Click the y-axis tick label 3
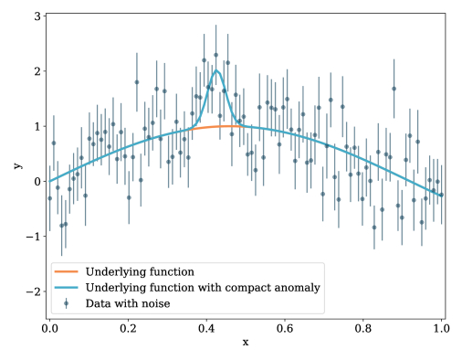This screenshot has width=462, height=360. [x=35, y=16]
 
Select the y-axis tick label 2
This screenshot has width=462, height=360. [x=35, y=71]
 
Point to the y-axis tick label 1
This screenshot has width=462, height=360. [x=35, y=126]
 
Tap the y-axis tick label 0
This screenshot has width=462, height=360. [x=35, y=181]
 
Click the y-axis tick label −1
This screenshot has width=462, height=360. [x=31, y=237]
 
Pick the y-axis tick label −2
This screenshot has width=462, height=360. [x=31, y=291]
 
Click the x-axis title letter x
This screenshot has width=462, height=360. [x=246, y=343]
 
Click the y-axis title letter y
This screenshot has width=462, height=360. [x=16, y=166]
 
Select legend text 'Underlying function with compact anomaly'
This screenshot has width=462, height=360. [x=202, y=287]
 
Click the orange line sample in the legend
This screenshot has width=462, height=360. [x=67, y=271]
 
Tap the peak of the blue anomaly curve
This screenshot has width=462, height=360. [x=217, y=70]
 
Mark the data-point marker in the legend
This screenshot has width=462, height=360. [x=67, y=302]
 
